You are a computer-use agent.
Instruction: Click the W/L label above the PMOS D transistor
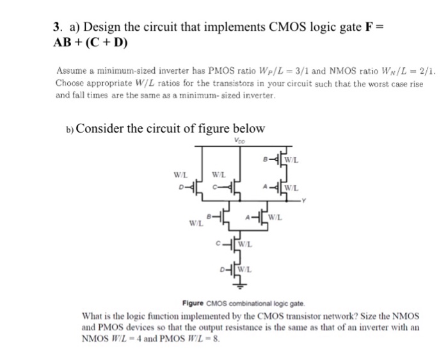181,174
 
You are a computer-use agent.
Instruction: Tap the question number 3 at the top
57,28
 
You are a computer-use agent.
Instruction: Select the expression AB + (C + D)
90,44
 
